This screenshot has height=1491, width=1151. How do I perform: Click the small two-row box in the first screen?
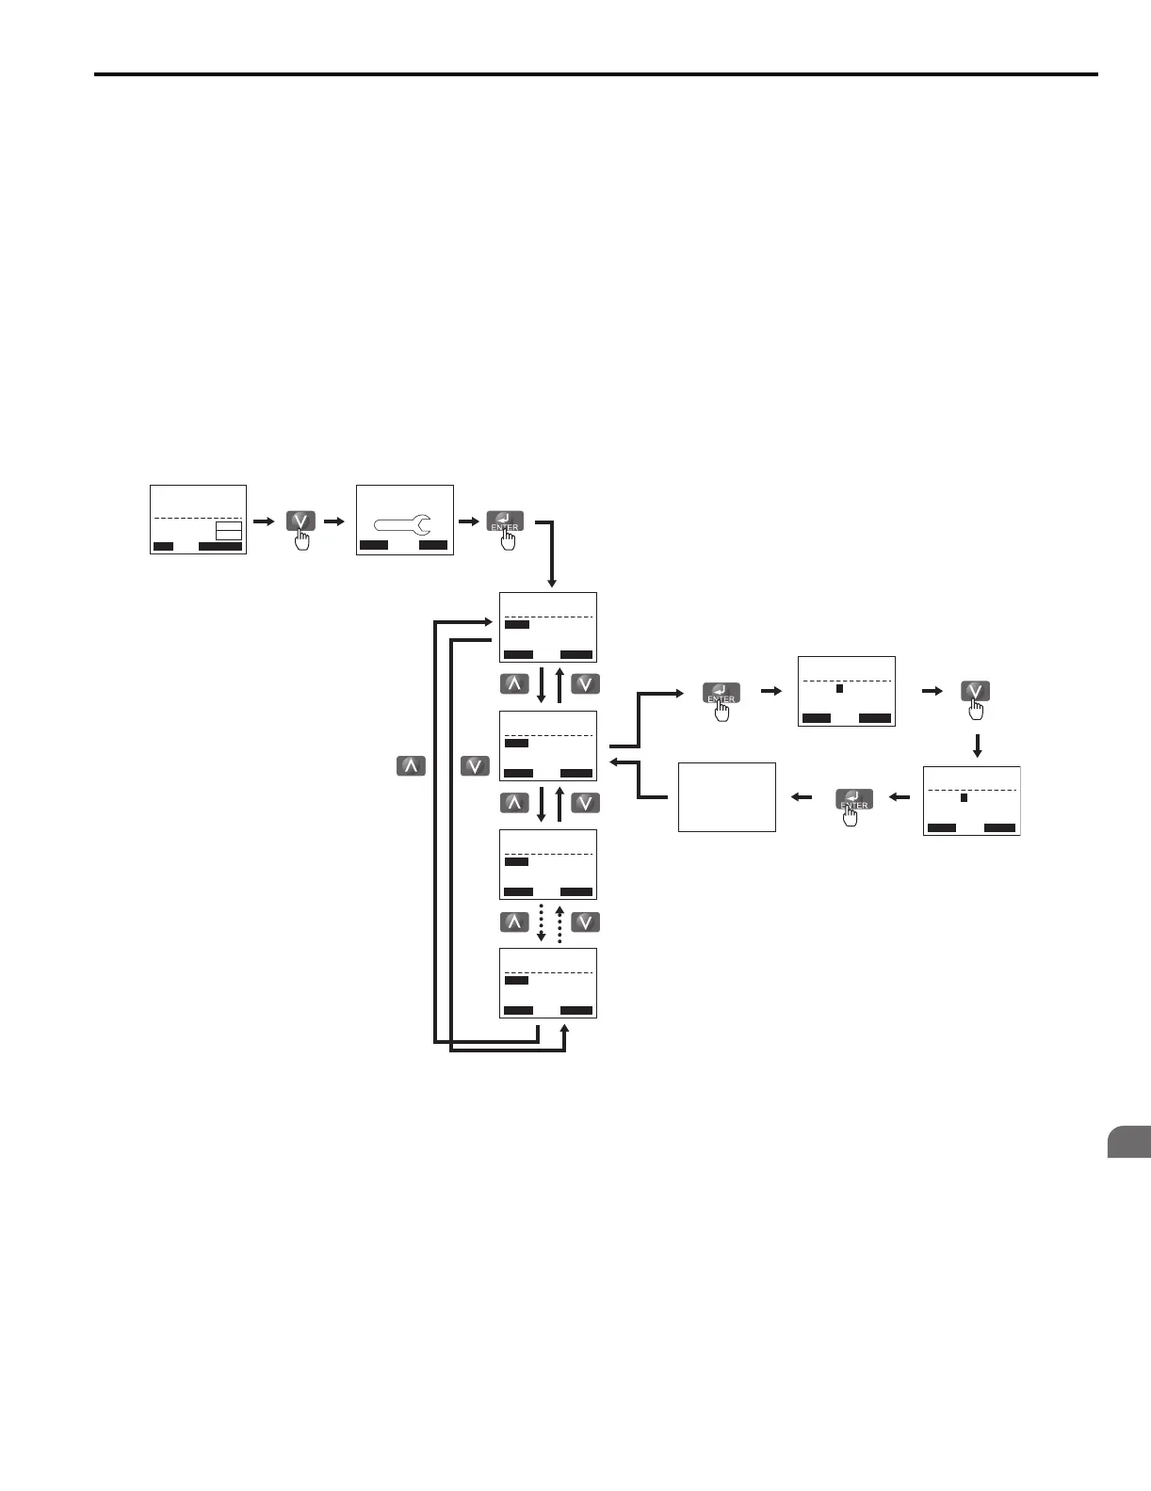(x=229, y=530)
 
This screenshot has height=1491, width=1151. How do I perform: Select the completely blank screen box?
(x=726, y=797)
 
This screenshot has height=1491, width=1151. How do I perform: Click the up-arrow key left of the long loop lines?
(x=410, y=766)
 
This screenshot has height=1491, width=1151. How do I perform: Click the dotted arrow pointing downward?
(x=542, y=922)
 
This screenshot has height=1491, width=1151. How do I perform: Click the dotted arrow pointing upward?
(x=559, y=922)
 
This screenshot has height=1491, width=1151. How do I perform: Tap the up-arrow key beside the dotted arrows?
(x=514, y=922)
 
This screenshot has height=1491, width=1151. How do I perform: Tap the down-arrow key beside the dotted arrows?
(x=585, y=922)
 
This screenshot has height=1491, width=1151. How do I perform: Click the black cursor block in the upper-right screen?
(x=839, y=688)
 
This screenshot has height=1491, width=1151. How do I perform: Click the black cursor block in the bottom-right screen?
(x=964, y=798)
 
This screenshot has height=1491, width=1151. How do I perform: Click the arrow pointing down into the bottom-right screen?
(x=977, y=746)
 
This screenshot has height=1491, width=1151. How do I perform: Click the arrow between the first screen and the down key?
(x=265, y=521)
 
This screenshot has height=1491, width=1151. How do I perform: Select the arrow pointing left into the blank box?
(x=802, y=797)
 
